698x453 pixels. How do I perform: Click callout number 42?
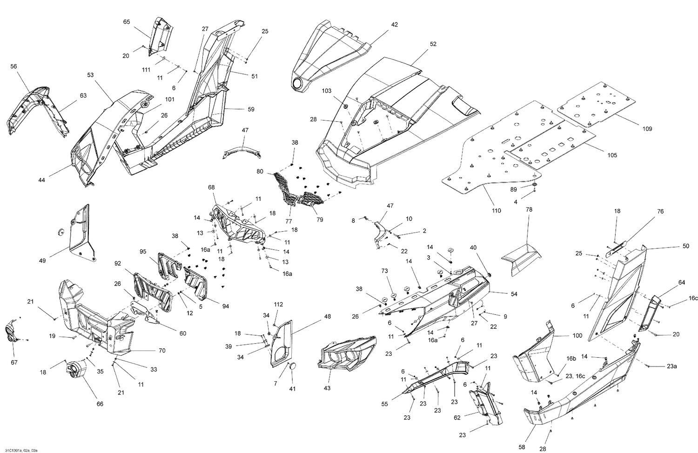click(x=394, y=24)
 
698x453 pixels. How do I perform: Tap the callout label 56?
click(x=13, y=67)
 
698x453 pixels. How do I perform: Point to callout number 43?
click(x=327, y=388)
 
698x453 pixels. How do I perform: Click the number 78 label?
click(x=529, y=210)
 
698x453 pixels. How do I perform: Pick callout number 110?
click(x=496, y=211)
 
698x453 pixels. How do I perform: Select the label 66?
click(x=100, y=404)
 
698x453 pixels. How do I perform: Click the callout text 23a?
click(x=671, y=366)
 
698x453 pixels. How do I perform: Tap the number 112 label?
click(x=278, y=305)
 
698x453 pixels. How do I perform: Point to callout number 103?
click(x=327, y=91)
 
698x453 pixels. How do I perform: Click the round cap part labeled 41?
click(x=292, y=367)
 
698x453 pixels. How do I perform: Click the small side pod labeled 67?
click(x=13, y=332)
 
